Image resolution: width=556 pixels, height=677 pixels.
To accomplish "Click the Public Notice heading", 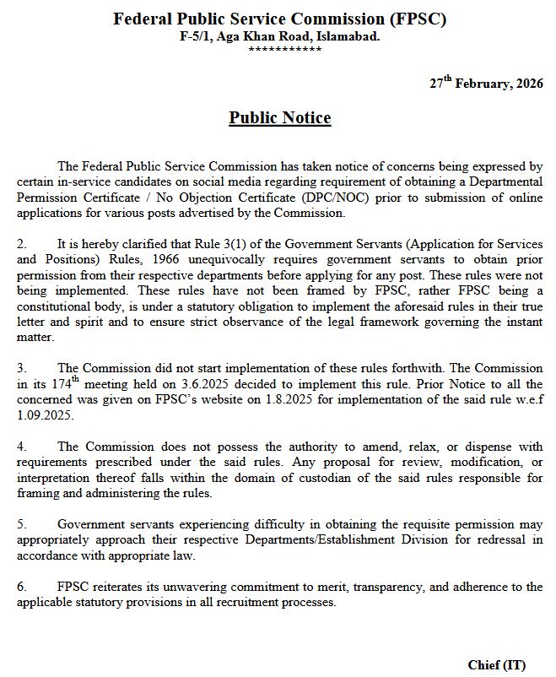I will pos(279,118).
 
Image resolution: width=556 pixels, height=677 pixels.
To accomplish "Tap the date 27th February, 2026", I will pos(486,84).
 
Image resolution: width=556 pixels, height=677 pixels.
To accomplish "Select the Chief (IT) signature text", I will pos(497,665).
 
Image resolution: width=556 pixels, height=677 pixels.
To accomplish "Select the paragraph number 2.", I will pos(21,243).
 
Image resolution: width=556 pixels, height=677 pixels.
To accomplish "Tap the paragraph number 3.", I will pos(21,368).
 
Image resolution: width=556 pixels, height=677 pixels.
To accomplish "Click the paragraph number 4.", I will pos(21,447).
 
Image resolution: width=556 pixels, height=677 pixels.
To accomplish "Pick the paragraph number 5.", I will pos(21,524).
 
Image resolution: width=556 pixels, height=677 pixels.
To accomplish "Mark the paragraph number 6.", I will pos(21,587).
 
